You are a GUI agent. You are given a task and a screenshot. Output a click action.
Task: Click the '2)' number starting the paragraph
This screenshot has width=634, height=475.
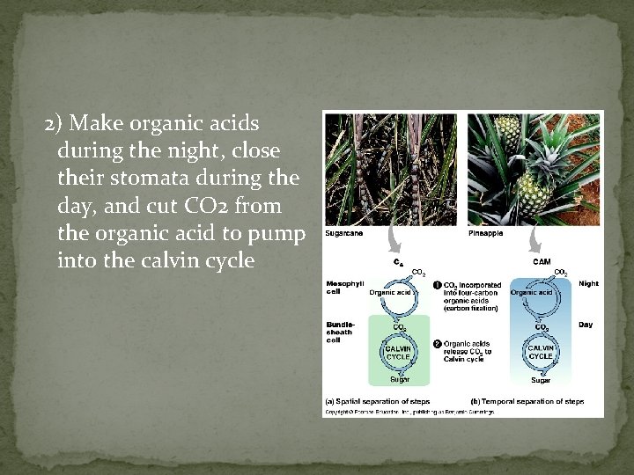[53, 122]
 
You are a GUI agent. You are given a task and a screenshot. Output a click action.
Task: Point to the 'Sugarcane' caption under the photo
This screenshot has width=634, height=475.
[343, 233]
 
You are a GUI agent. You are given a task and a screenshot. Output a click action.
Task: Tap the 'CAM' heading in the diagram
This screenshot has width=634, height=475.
[543, 261]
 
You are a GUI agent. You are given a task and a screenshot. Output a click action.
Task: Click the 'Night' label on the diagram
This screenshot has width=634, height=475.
[588, 284]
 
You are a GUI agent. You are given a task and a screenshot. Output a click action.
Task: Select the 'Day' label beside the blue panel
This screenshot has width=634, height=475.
[586, 325]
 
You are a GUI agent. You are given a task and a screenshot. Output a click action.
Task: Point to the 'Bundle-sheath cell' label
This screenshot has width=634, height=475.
[340, 332]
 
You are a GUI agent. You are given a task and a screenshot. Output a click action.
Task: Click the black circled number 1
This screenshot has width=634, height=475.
[438, 285]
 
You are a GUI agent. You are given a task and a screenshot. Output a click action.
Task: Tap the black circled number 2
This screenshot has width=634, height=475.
[438, 343]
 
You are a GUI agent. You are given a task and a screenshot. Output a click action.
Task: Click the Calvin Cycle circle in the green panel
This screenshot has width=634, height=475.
[399, 352]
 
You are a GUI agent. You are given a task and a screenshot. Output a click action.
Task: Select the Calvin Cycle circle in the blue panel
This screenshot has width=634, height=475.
[541, 352]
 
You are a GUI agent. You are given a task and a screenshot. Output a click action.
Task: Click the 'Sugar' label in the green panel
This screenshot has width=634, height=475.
[400, 380]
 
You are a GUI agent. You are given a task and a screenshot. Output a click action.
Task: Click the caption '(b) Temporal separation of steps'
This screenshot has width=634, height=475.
[527, 401]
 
